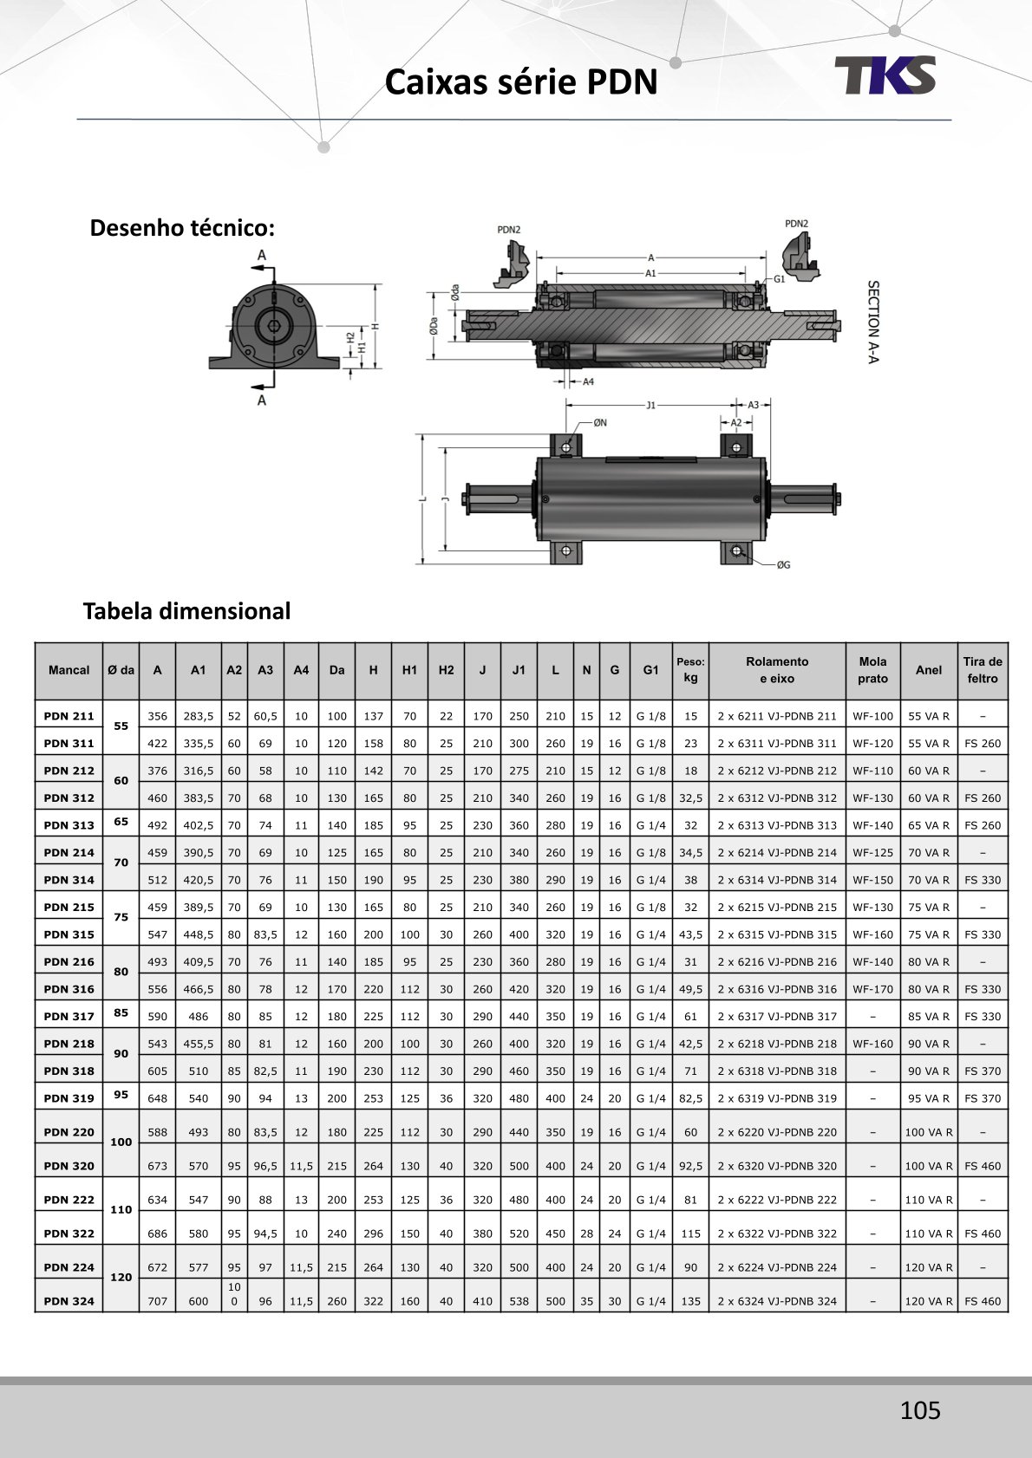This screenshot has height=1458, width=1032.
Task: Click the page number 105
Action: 919,1410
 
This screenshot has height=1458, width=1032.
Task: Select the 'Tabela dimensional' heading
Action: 186,611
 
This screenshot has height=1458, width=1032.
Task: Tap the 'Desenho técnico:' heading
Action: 182,228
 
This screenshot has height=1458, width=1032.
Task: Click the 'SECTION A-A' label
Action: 873,322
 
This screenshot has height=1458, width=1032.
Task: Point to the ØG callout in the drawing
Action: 783,565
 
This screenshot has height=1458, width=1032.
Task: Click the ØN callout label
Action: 600,423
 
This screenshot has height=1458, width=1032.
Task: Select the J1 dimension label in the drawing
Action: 651,405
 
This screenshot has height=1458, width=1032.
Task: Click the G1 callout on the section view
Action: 779,279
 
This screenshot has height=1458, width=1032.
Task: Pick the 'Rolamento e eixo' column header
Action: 777,670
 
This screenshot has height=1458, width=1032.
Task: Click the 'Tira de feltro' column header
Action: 983,670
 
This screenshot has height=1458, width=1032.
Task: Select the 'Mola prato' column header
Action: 872,670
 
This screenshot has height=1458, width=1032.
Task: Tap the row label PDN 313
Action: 69,825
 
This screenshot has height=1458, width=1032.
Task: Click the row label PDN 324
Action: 69,1301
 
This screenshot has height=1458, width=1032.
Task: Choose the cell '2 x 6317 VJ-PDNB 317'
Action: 777,1016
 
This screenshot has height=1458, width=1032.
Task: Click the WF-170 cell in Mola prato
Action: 872,989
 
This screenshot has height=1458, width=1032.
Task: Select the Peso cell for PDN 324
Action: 690,1301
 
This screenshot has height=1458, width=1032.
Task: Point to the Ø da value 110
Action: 121,1209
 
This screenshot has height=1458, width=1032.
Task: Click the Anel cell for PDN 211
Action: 928,716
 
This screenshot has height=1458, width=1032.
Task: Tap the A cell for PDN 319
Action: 157,1098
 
